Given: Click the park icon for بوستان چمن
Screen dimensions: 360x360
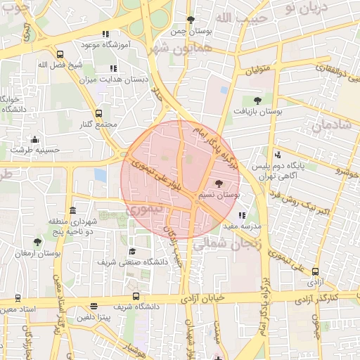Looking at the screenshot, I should click(x=191, y=20).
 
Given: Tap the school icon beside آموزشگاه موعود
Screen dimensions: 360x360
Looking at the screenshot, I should click(x=105, y=34).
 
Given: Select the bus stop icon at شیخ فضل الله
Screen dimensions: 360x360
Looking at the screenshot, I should click(x=60, y=54).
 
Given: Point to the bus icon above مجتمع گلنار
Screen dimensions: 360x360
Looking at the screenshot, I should click(x=98, y=113).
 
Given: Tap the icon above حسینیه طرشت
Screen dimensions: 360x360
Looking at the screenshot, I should click(x=34, y=139).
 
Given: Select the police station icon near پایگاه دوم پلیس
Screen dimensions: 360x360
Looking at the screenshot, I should click(x=278, y=155).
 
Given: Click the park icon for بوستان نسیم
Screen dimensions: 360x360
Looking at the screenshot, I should click(x=218, y=183).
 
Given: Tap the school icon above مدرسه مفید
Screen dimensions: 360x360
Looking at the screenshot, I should click(x=242, y=216).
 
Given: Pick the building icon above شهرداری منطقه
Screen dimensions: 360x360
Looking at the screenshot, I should click(x=73, y=210).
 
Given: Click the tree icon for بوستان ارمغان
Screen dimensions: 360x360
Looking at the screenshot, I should click(x=37, y=242).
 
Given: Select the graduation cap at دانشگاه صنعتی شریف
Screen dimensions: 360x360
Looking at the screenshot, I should click(x=132, y=251).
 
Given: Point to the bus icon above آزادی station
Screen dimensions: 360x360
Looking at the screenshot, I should click(x=314, y=271).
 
